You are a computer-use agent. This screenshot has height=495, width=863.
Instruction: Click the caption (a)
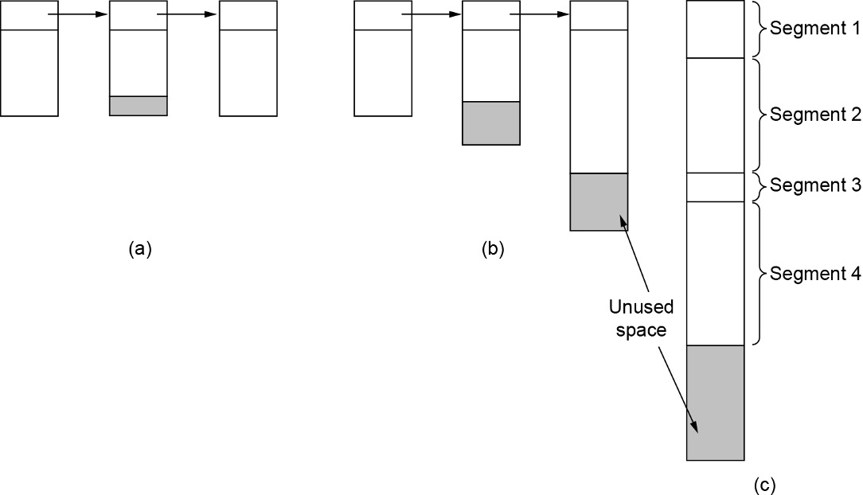click(139, 249)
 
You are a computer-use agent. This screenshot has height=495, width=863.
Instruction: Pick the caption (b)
click(493, 249)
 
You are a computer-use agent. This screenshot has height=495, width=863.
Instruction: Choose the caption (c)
click(764, 483)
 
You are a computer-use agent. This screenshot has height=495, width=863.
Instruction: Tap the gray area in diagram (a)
click(138, 106)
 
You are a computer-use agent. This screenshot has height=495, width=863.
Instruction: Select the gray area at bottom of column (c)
click(715, 402)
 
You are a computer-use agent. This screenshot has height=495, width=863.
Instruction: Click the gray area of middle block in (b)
click(491, 123)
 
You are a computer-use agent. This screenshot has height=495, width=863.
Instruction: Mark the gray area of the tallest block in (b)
click(599, 201)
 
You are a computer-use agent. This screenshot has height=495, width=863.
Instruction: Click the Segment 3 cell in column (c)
click(715, 187)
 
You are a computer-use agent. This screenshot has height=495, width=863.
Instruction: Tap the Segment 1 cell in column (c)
click(715, 29)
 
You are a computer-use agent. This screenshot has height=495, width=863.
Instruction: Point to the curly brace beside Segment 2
click(757, 115)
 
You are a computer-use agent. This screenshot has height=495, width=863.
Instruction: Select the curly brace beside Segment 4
click(757, 274)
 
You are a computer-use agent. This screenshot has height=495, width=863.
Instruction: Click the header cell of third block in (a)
click(248, 15)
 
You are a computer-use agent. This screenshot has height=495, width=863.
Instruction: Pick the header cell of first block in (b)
click(382, 15)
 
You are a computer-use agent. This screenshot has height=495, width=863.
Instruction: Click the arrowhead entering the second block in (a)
click(102, 14)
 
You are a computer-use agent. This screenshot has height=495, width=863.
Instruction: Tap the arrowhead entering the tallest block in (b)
click(564, 14)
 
